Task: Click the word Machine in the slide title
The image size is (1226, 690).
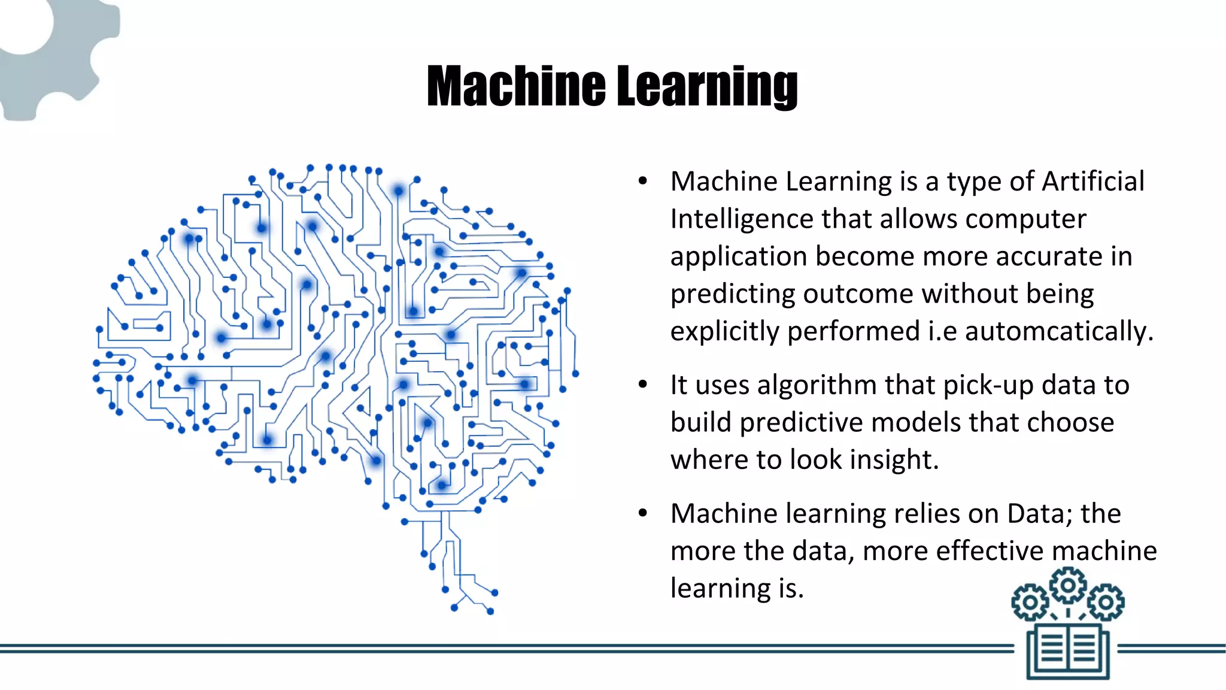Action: [516, 87]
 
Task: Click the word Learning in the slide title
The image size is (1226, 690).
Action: [707, 88]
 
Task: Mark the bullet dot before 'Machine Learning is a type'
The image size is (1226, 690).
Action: [643, 181]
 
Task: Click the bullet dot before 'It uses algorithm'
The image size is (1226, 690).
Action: [643, 385]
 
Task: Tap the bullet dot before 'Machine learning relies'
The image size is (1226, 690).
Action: [643, 514]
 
